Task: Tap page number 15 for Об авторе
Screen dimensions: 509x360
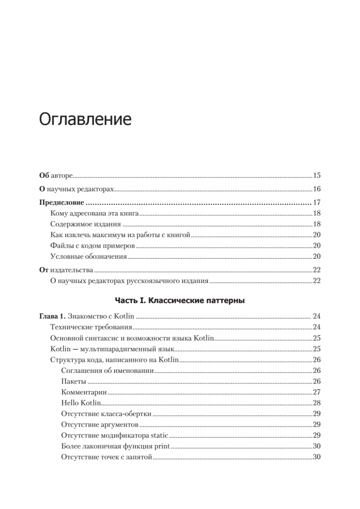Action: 316,175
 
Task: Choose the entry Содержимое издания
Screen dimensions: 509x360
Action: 85,224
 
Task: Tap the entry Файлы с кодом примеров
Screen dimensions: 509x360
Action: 92,245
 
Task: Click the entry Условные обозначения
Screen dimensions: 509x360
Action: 88,256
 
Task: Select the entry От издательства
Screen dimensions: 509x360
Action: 66,270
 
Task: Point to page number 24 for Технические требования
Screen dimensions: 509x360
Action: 316,327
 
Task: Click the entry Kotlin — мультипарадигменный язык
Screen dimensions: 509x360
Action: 112,349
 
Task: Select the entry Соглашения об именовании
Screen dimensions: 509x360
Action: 107,371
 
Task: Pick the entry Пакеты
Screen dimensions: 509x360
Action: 73,381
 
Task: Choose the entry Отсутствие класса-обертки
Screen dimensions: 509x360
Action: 106,414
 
